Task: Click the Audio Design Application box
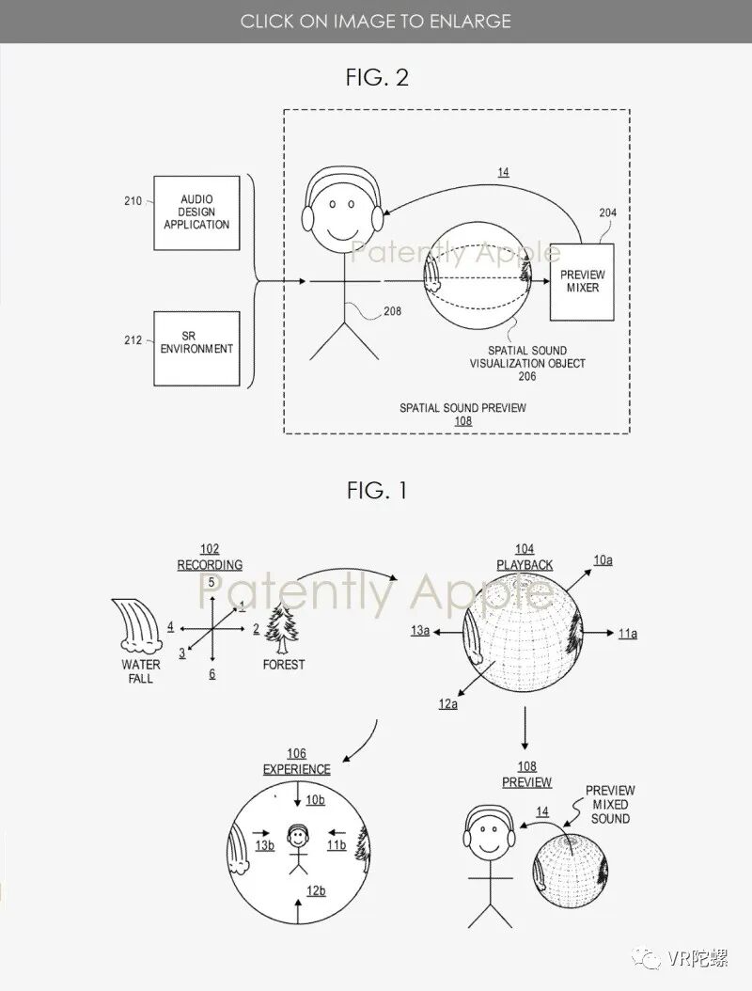pos(196,212)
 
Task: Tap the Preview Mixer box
pos(582,281)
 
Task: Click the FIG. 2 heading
pos(376,77)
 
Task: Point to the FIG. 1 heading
pos(376,490)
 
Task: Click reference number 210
pos(133,201)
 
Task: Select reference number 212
pos(133,340)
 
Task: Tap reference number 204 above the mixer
pos(609,213)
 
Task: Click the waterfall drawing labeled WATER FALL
pos(137,625)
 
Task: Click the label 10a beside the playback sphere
pos(603,560)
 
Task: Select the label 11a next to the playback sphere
pos(627,634)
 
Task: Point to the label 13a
pos(420,632)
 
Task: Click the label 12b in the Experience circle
pos(315,890)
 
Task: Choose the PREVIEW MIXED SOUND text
pos(610,805)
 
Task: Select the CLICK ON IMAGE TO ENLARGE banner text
pos(376,21)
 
